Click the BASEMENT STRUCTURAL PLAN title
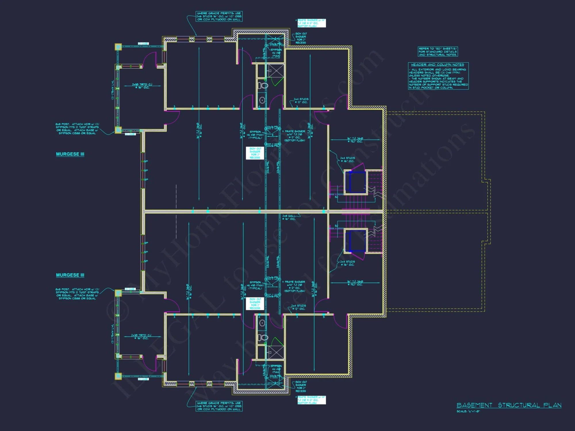pos(509,405)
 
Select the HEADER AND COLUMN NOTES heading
pos(437,65)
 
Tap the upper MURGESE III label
pos(70,154)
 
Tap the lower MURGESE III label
pos(70,275)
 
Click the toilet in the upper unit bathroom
pos(262,85)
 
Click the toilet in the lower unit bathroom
pos(262,337)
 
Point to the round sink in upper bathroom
pos(262,100)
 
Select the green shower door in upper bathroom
pos(278,82)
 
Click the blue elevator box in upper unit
pos(357,182)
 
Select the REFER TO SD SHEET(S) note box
pos(438,52)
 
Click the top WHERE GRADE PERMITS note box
pos(219,16)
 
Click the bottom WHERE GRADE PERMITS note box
pos(219,406)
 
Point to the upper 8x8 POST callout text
pos(77,129)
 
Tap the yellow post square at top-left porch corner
pos(118,47)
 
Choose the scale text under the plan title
pos(468,411)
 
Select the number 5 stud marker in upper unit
pos(324,106)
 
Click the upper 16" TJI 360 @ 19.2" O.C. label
pos(355,140)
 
